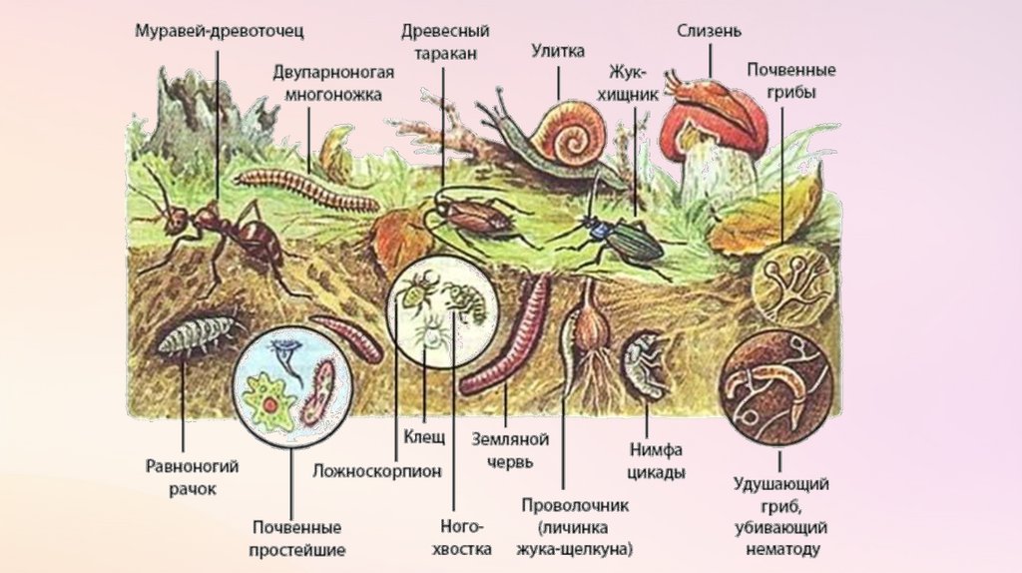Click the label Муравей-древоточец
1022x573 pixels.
coord(220,31)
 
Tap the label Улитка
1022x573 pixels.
coord(558,52)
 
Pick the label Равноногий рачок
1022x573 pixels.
coord(186,476)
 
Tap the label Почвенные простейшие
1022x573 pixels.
coord(297,537)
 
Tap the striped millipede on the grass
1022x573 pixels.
coord(305,189)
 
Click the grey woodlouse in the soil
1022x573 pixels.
coord(195,336)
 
